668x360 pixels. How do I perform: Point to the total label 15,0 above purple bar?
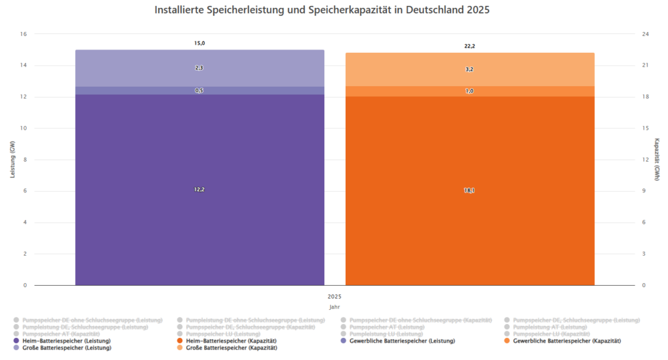[200, 43]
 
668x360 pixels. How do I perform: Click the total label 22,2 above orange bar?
[470, 46]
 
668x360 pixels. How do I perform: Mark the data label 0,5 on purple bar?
[200, 91]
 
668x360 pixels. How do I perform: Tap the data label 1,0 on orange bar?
[470, 91]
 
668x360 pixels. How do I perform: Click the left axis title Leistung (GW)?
[12, 160]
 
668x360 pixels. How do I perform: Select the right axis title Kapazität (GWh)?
[657, 160]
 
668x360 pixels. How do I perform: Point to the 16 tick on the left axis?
[23, 34]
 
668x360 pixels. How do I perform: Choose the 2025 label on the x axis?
[335, 296]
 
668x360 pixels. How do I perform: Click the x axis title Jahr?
[335, 307]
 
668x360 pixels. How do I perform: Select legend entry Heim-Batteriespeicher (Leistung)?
[66, 341]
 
